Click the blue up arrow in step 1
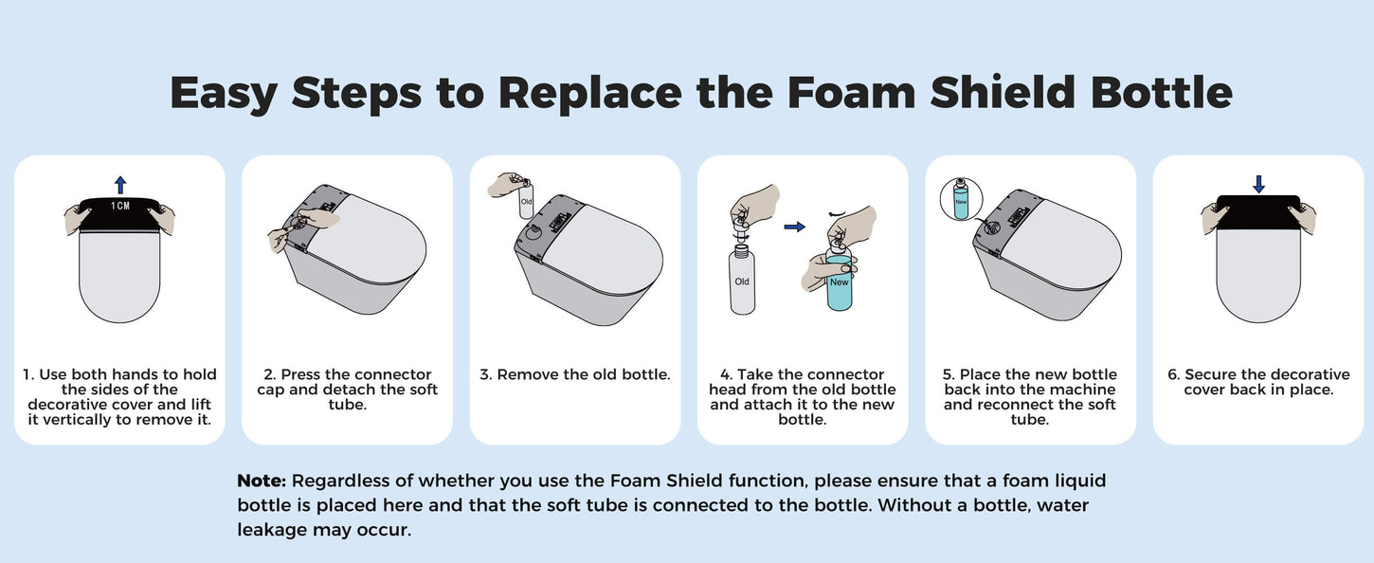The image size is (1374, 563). click(x=120, y=185)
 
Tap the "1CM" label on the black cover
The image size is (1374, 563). click(x=120, y=206)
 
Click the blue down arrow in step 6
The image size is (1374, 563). click(x=1258, y=184)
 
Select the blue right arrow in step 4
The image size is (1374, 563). click(x=794, y=227)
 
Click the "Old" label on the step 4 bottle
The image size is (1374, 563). click(x=742, y=281)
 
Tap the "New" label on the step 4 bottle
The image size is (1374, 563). click(x=840, y=282)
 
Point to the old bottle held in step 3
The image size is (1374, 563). click(x=526, y=197)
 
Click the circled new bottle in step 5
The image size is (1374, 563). click(x=961, y=199)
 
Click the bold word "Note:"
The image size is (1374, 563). click(x=262, y=481)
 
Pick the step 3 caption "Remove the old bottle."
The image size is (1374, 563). click(x=584, y=374)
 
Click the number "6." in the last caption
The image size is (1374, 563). click(x=1173, y=374)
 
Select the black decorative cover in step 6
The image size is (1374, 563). click(x=1258, y=212)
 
